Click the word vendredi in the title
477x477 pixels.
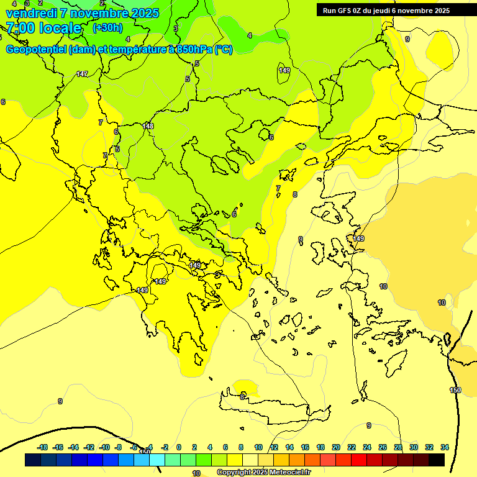coord(31,13)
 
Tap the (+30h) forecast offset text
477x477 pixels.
coord(107,28)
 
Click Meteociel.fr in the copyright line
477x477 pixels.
coord(290,473)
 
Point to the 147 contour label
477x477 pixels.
coord(82,74)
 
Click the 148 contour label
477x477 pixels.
coord(148,126)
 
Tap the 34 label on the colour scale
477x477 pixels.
coord(445,447)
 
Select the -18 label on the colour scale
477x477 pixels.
coord(43,447)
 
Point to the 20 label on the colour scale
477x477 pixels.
coord(336,447)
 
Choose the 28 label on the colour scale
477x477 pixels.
coord(398,447)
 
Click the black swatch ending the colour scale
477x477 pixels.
coord(437,460)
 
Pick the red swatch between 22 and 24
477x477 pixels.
coord(359,460)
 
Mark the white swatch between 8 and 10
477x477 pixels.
coord(250,460)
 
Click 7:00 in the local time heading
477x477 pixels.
coord(19,28)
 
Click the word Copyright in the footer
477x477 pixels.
coord(234,473)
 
